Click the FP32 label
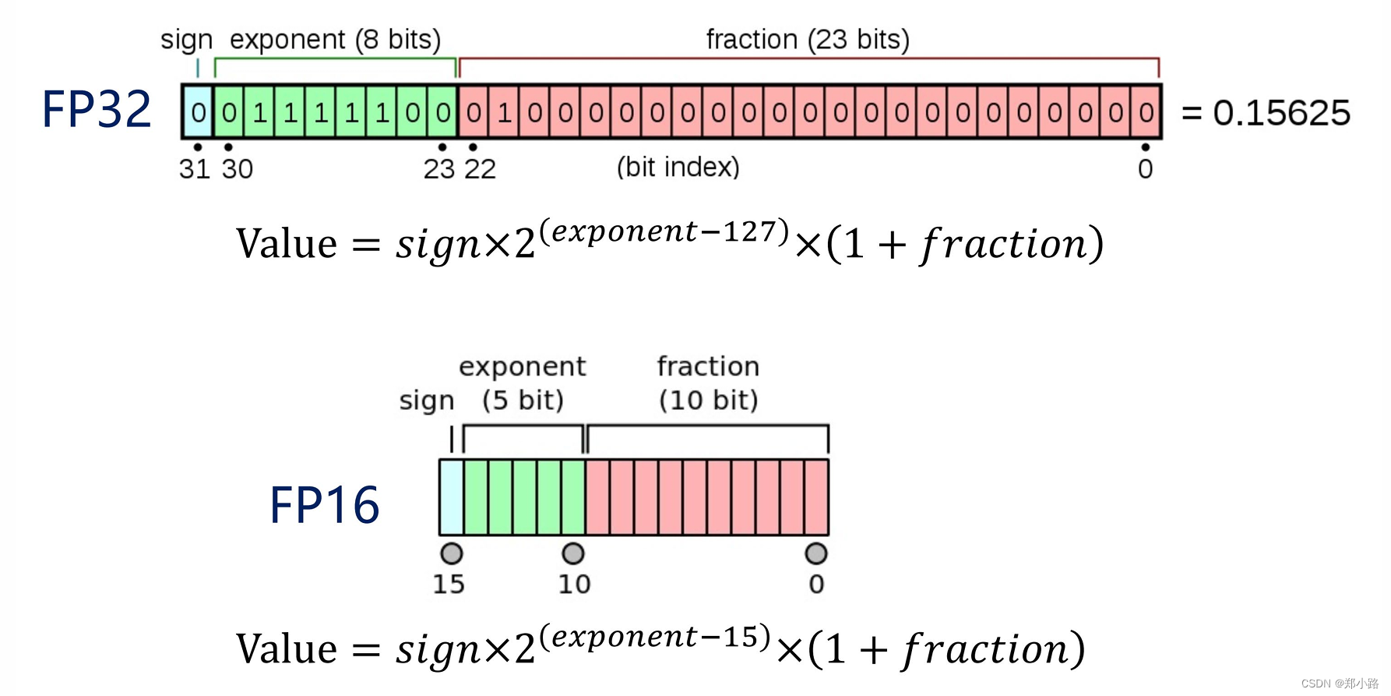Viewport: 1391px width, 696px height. [97, 109]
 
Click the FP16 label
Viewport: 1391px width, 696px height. [324, 505]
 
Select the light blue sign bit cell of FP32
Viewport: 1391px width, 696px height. [198, 113]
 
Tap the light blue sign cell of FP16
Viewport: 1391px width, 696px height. [451, 497]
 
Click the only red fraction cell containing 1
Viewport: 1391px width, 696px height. [504, 113]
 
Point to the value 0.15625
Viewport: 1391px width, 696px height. [1281, 114]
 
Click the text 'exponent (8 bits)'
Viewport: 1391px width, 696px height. [335, 40]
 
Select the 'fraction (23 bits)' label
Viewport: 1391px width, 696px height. [808, 40]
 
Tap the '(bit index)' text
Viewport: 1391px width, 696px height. [678, 167]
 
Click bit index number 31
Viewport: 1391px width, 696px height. [194, 168]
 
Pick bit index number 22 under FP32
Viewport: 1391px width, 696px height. [481, 168]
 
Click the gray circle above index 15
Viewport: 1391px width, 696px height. [451, 553]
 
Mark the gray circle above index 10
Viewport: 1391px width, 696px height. [573, 553]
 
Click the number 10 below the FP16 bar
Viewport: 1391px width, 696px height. [574, 584]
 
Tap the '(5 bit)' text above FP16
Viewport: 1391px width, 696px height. [522, 401]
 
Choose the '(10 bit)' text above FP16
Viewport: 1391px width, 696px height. [708, 401]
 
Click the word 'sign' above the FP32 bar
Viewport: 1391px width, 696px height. [186, 40]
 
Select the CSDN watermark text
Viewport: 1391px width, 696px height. [1339, 684]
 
